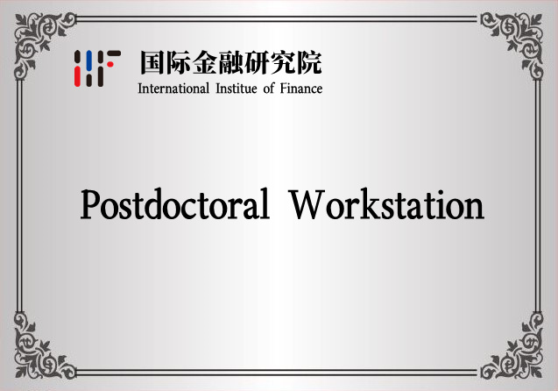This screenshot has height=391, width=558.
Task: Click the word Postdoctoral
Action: coord(174,204)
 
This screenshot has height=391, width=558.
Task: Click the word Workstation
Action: coord(386,204)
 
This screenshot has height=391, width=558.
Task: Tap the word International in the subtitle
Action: coord(173,89)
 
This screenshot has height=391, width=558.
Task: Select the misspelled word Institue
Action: coord(237,89)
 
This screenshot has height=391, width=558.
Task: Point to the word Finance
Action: coord(301,89)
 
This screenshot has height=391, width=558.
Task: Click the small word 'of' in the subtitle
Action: coord(268,89)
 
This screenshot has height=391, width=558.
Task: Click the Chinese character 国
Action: coord(152,62)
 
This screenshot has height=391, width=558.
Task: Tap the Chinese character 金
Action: coord(205,62)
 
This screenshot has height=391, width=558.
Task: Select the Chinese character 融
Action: coord(230,62)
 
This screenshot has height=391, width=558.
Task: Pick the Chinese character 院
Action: coord(309,62)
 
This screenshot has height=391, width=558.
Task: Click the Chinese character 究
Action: coord(283,62)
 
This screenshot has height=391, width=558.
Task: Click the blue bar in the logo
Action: coord(89,58)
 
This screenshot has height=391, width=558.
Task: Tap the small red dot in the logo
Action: coord(110,65)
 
